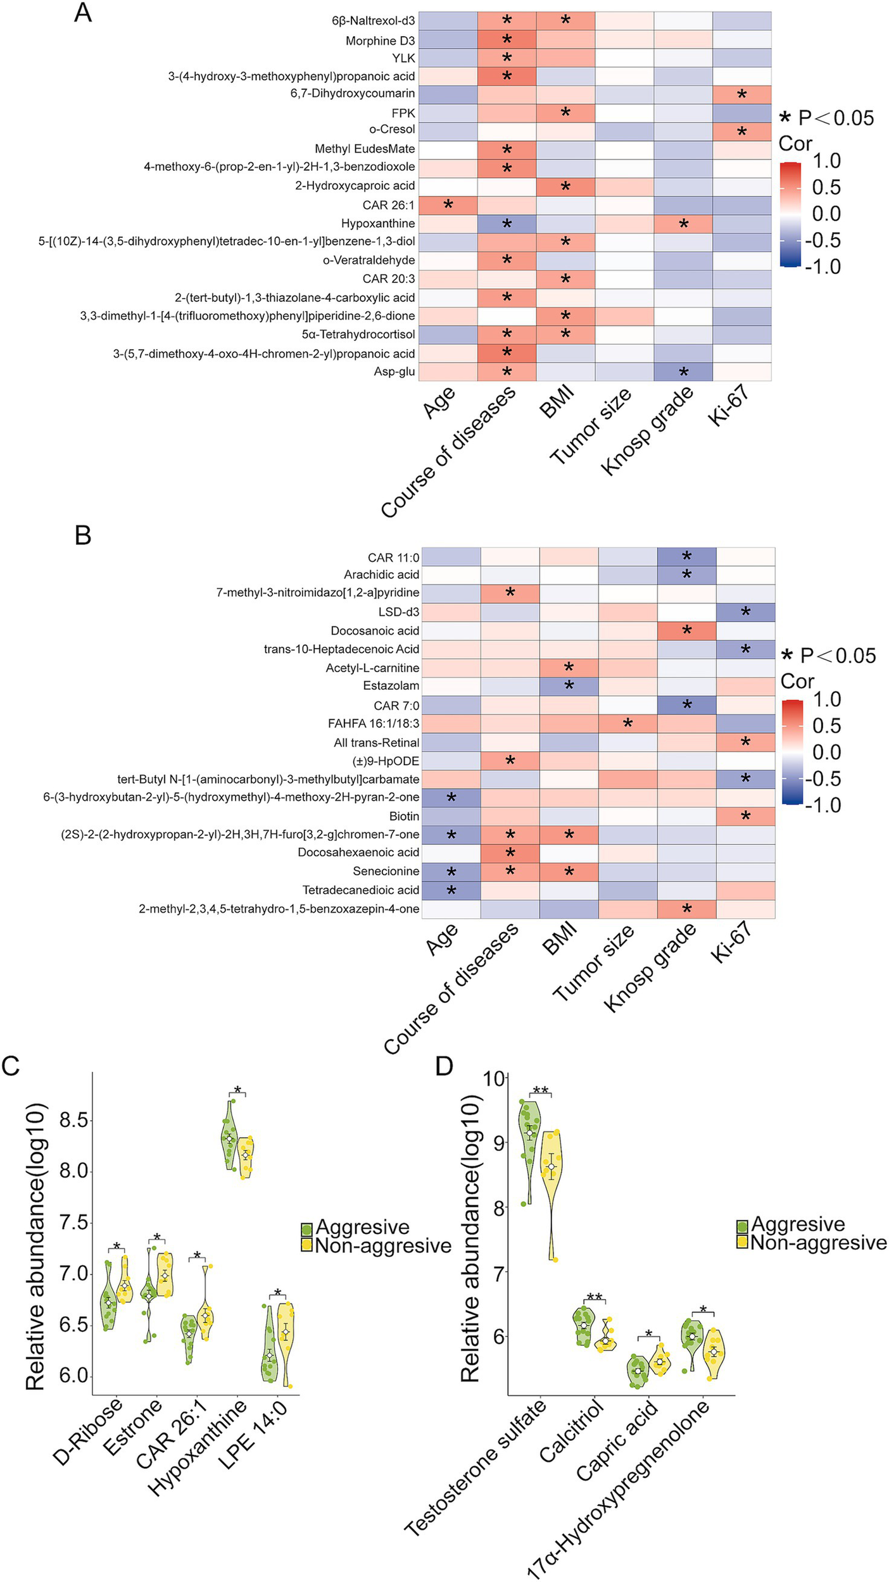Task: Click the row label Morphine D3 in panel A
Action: pos(380,40)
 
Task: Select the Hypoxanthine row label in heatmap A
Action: pos(378,223)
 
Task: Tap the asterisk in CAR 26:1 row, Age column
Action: pos(448,205)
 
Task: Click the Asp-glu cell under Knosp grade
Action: pos(683,372)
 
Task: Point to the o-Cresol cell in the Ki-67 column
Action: pos(741,132)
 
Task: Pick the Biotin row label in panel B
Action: pos(404,816)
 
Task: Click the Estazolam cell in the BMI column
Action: pos(569,686)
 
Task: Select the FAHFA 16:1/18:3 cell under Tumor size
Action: pos(627,723)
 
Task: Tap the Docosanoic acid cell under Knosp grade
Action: pos(686,631)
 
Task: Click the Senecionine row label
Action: pos(386,871)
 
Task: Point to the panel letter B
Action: pos(83,535)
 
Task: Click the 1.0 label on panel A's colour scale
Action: pos(826,161)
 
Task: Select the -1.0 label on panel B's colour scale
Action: pos(823,805)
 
